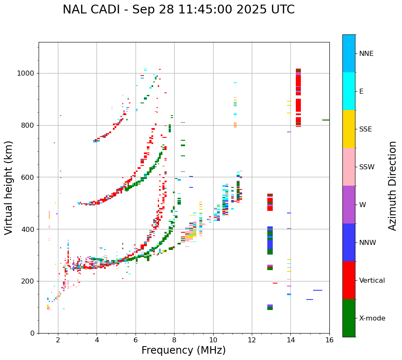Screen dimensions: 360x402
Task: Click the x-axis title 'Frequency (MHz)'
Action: coord(183,350)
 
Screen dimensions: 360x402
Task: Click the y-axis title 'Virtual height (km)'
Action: coord(9,187)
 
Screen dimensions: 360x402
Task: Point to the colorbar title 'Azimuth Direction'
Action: coord(392,185)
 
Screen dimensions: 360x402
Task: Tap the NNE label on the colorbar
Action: coord(366,54)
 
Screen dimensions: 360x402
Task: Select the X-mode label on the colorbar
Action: coord(372,318)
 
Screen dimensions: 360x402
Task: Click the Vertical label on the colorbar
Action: coord(372,281)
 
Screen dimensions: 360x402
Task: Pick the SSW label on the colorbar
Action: coord(367,167)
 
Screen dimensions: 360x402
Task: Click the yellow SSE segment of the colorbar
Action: coord(349,129)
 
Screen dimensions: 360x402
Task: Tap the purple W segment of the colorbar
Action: coord(349,205)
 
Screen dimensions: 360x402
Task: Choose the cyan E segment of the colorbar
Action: coord(349,91)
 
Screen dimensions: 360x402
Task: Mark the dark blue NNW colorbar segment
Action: coord(349,242)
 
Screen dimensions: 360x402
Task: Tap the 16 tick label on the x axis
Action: coord(329,340)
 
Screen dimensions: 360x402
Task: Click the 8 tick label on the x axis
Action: coord(174,340)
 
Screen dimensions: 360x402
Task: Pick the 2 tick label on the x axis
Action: coord(58,340)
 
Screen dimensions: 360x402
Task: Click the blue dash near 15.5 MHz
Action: coord(317,290)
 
